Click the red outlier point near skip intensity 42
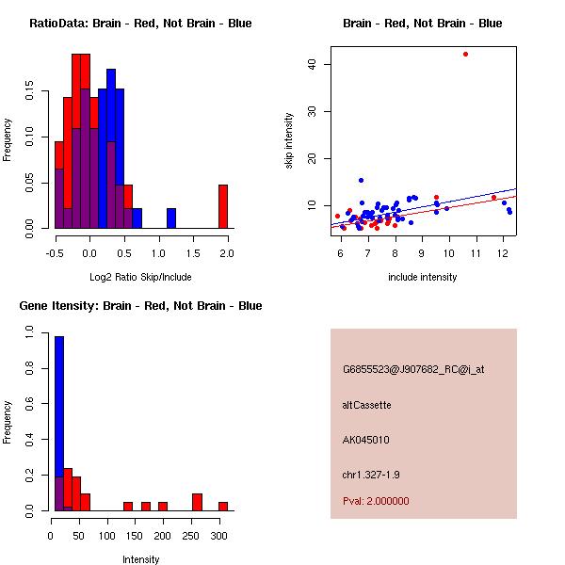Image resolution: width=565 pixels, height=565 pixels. [465, 54]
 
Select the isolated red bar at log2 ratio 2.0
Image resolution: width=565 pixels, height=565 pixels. [223, 206]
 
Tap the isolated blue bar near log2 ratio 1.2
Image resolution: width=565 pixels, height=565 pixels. [171, 218]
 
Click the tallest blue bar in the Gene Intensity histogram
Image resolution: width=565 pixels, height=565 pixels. [59, 424]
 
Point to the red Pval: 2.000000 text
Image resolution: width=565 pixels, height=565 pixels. [376, 501]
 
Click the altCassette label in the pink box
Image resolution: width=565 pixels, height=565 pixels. [366, 405]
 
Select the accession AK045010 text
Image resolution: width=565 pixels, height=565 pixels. [366, 440]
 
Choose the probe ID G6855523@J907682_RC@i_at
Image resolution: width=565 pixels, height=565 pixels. [413, 370]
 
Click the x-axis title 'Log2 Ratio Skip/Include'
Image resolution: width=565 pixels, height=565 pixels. [140, 277]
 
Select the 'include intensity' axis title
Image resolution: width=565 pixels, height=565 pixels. [423, 277]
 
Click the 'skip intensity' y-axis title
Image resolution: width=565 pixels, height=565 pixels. [289, 141]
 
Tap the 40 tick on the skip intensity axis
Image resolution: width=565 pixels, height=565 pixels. [312, 64]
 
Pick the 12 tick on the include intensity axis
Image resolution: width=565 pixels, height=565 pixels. [503, 252]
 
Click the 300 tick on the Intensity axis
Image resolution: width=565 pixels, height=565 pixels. [219, 535]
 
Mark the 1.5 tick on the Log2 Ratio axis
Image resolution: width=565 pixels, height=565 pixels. [193, 252]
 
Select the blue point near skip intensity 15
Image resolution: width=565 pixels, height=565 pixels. [361, 180]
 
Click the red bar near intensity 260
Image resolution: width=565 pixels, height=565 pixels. [197, 502]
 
